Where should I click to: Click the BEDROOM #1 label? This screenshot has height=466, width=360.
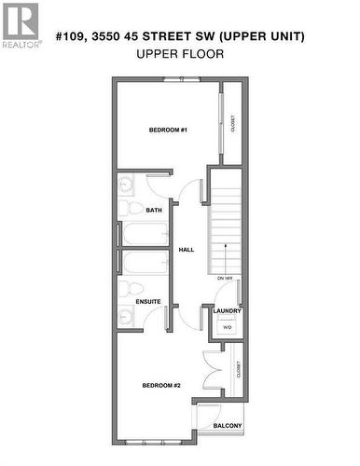pyautogui.click(x=169, y=130)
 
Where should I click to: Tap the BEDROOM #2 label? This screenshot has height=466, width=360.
pyautogui.click(x=161, y=385)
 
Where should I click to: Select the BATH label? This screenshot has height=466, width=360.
pyautogui.click(x=154, y=211)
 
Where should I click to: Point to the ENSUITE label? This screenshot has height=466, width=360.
pyautogui.click(x=149, y=301)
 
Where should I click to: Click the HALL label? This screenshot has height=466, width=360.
pyautogui.click(x=186, y=251)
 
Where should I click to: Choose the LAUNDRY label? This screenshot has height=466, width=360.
pyautogui.click(x=227, y=310)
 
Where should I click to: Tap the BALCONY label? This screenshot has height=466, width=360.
pyautogui.click(x=227, y=426)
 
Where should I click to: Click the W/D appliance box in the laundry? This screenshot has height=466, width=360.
pyautogui.click(x=227, y=326)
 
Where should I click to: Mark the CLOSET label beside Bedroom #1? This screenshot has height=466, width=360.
pyautogui.click(x=233, y=123)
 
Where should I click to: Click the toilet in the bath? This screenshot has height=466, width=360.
pyautogui.click(x=132, y=208)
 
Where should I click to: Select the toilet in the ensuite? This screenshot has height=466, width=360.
pyautogui.click(x=132, y=288)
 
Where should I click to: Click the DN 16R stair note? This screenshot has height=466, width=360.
pyautogui.click(x=224, y=279)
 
